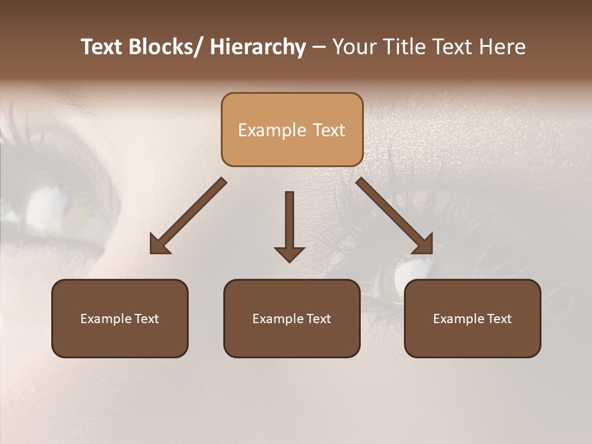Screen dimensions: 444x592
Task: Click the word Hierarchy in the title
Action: [x=258, y=47]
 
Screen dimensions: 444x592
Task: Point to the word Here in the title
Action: [x=502, y=47]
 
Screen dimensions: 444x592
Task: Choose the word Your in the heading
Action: [x=354, y=47]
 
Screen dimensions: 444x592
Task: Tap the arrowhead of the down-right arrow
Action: [x=424, y=244]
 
